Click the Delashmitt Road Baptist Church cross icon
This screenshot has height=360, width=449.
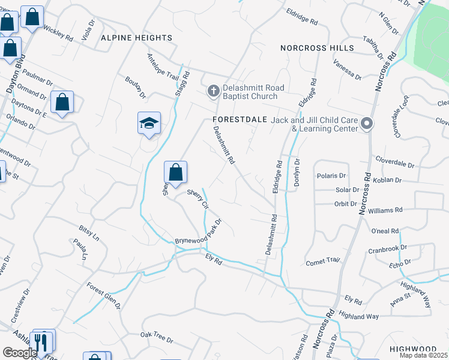pyautogui.click(x=212, y=91)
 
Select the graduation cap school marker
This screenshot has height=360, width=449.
pyautogui.click(x=149, y=123)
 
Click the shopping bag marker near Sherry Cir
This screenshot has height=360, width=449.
pyautogui.click(x=175, y=173)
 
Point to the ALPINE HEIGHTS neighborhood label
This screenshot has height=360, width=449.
pyautogui.click(x=136, y=38)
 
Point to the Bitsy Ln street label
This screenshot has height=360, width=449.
pyautogui.click(x=89, y=232)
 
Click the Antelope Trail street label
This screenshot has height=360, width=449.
pyautogui.click(x=163, y=67)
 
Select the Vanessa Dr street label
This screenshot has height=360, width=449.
pyautogui.click(x=348, y=73)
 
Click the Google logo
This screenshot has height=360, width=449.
pyautogui.click(x=20, y=353)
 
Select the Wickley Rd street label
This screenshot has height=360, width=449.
pyautogui.click(x=58, y=34)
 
